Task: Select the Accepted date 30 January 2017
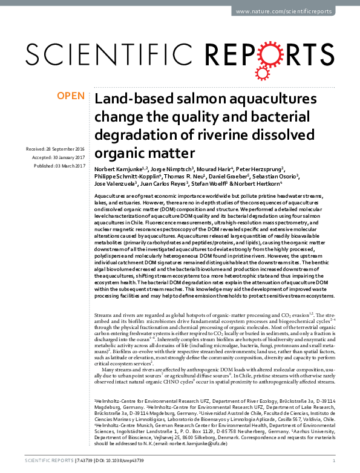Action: click(61, 157)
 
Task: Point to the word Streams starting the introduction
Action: click(105, 316)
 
